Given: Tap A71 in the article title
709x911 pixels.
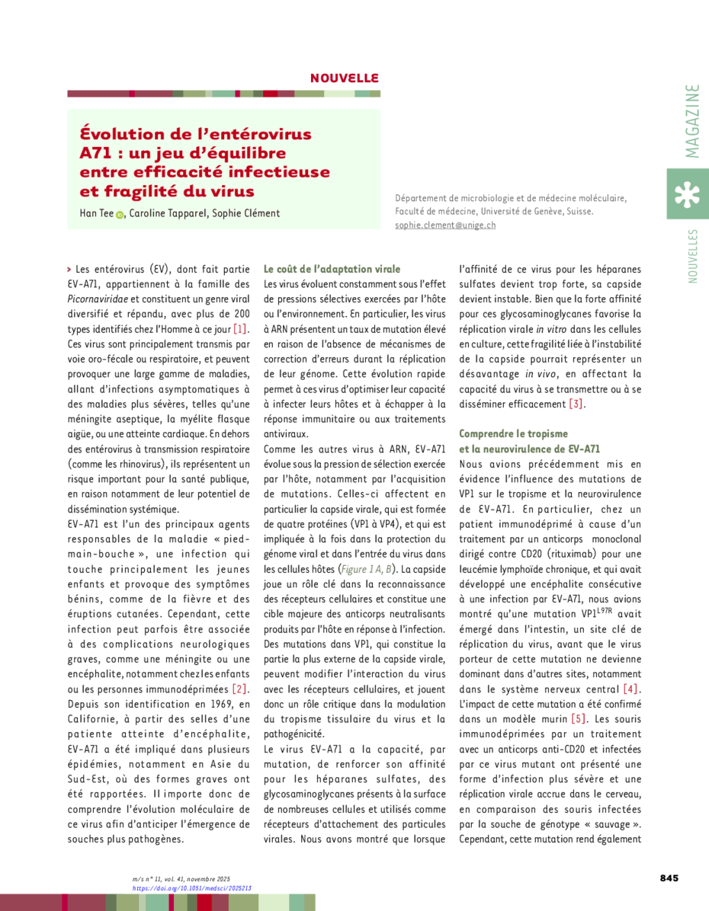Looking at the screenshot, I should (x=95, y=153).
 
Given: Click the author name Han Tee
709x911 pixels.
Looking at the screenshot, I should (x=96, y=213).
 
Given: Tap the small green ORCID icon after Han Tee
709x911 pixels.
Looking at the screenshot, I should (x=120, y=216).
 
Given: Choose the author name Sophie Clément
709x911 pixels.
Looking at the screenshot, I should (x=245, y=213).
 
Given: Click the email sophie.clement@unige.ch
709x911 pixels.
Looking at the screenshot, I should (x=445, y=225).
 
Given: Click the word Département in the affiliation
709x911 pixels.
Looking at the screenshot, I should (x=422, y=198).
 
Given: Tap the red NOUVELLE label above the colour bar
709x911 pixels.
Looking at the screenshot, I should (x=344, y=78).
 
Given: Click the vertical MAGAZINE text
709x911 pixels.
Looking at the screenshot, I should (x=691, y=121).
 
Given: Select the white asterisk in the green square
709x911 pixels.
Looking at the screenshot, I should (x=687, y=194).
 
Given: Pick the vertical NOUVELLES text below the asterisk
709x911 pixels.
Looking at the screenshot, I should (x=692, y=256).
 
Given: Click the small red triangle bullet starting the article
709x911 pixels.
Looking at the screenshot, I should (x=69, y=269).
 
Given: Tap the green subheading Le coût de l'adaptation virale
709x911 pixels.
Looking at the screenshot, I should (x=332, y=269).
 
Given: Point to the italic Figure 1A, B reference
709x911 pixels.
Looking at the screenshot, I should (x=366, y=569).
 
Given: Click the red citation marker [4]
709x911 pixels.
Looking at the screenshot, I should (x=630, y=689).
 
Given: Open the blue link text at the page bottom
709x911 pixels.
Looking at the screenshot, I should (x=191, y=887).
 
